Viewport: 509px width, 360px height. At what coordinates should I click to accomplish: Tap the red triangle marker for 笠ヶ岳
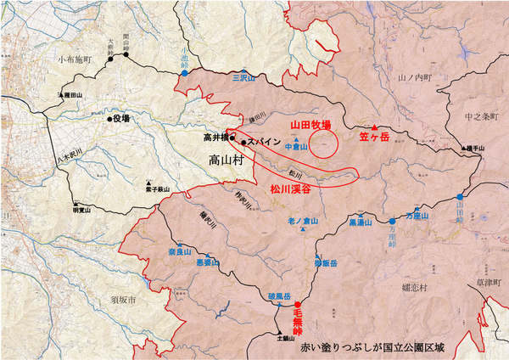pyautogui.click(x=363, y=127)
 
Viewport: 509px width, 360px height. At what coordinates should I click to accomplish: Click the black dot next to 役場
pyautogui.click(x=109, y=119)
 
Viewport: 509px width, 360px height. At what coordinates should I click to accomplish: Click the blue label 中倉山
pyautogui.click(x=295, y=146)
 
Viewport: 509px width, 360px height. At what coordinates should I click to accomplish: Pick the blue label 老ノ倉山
pyautogui.click(x=301, y=222)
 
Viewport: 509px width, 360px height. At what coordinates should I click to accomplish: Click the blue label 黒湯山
pyautogui.click(x=362, y=222)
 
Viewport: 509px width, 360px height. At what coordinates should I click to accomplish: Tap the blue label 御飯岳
pyautogui.click(x=321, y=263)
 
